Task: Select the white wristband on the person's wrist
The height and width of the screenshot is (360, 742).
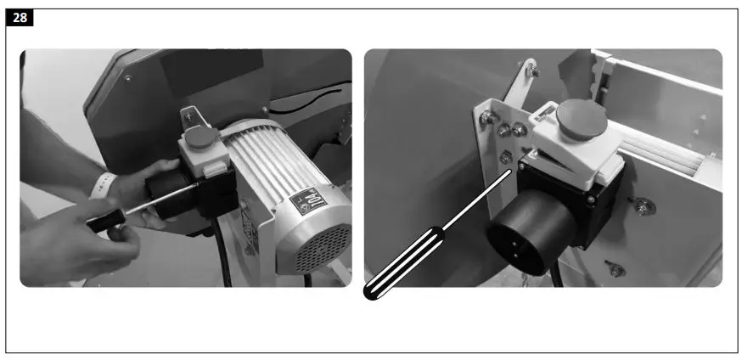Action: tap(105, 184)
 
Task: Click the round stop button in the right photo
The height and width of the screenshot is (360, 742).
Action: tap(583, 117)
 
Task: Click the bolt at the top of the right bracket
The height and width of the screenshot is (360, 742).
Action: tap(532, 71)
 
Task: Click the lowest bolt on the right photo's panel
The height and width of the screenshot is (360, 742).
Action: tap(616, 270)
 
